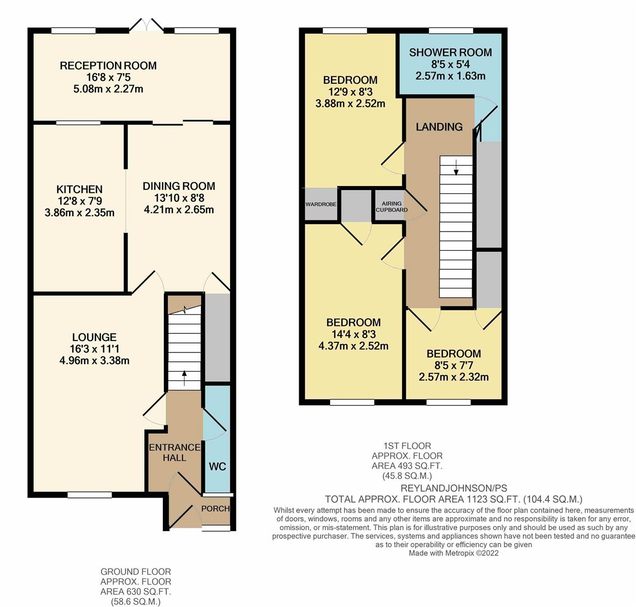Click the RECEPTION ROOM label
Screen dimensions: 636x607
108,65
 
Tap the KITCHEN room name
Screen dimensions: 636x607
80,189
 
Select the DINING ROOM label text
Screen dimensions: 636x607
179,187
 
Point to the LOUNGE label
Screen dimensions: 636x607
94,337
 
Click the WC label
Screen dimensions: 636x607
217,466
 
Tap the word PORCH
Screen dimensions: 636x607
216,509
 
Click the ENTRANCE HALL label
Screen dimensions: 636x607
175,452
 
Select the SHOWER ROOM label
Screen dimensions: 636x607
451,52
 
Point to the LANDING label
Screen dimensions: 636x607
440,126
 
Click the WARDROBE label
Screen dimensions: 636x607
321,204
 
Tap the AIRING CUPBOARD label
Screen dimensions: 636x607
392,207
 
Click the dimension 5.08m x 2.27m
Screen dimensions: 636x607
108,89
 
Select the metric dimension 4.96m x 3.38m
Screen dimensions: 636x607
94,360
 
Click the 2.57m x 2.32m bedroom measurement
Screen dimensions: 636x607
454,377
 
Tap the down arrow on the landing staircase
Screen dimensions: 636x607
456,167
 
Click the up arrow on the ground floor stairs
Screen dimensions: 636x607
185,378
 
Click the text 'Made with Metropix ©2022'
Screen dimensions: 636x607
454,553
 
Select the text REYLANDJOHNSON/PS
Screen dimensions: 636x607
454,488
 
